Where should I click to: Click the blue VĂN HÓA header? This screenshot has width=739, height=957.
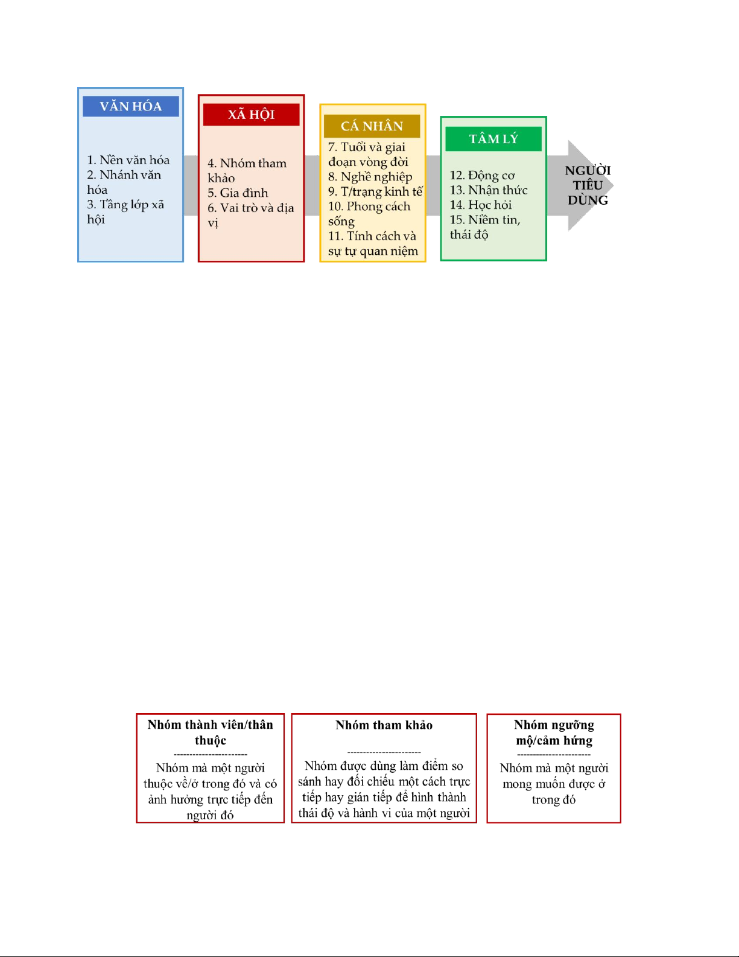click(x=131, y=106)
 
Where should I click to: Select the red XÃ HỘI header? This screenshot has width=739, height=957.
click(x=251, y=115)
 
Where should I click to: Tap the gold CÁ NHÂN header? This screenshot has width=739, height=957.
click(x=372, y=126)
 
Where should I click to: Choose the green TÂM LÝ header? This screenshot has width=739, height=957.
click(x=493, y=139)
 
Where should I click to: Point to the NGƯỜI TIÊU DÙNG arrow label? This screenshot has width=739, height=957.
click(x=588, y=185)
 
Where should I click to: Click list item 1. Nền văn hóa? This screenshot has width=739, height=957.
click(x=128, y=160)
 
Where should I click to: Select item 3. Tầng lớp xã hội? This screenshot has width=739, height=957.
click(x=125, y=211)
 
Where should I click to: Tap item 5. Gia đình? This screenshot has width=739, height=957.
click(x=238, y=193)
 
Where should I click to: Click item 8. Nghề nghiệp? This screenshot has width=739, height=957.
click(x=370, y=177)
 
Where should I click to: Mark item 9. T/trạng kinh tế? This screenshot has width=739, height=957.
click(x=375, y=192)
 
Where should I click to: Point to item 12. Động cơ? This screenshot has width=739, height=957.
click(x=482, y=176)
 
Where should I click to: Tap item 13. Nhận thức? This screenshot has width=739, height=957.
click(x=489, y=190)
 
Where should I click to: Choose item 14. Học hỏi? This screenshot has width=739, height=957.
click(x=481, y=205)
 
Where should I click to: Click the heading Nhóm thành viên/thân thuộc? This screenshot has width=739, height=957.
click(x=210, y=732)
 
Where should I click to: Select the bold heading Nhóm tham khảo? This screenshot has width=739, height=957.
click(x=384, y=725)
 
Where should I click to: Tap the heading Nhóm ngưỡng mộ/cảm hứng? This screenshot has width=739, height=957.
click(x=554, y=732)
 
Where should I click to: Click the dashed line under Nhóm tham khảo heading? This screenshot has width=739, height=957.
click(x=384, y=752)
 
